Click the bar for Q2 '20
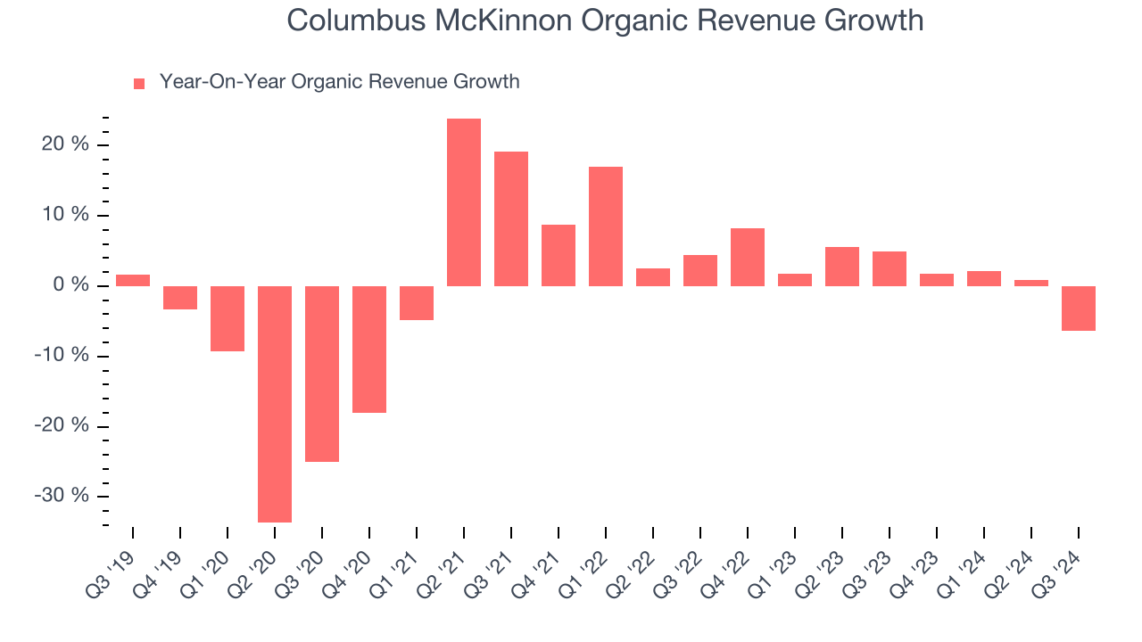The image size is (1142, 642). (x=275, y=403)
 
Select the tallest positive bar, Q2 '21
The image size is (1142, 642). (x=464, y=202)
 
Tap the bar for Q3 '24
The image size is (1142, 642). (x=1079, y=308)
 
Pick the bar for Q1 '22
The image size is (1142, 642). (x=606, y=226)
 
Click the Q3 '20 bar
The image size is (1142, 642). (x=322, y=374)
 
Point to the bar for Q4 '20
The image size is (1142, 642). (x=369, y=349)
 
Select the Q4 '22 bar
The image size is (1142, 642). (x=748, y=257)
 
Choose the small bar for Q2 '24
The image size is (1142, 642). (x=1031, y=283)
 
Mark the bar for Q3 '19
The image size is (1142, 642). (x=133, y=280)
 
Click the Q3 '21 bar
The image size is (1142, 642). (x=511, y=218)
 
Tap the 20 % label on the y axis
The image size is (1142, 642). (x=64, y=144)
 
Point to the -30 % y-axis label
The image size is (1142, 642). (x=62, y=496)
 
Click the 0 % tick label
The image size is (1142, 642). (x=70, y=285)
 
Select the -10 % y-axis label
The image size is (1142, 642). (x=62, y=356)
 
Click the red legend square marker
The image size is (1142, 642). (x=139, y=84)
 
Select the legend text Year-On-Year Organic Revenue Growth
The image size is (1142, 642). (x=339, y=82)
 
